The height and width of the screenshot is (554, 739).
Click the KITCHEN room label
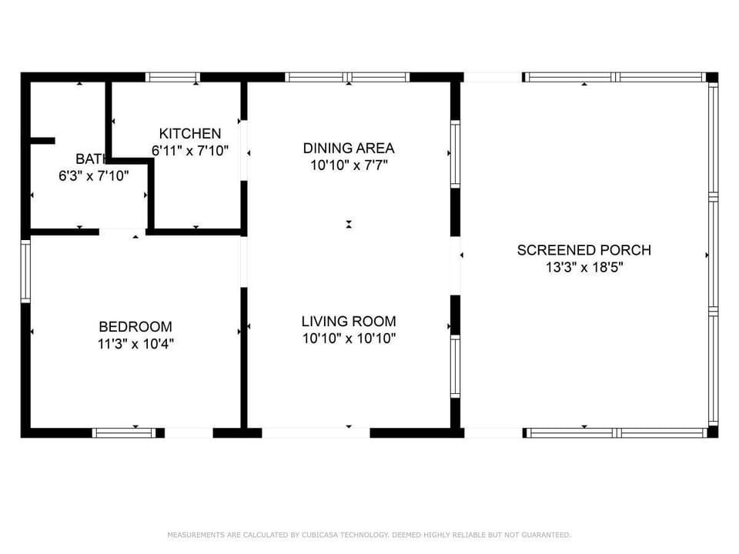coord(190,134)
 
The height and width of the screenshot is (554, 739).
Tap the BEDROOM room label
coord(135,326)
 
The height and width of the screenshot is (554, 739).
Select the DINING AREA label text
coord(349,148)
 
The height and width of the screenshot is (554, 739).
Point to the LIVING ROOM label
coord(349,321)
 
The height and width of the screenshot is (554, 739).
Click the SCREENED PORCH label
coord(584,250)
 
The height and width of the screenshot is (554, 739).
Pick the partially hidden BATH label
coord(89,159)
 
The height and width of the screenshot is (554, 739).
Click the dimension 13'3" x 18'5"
coord(584,268)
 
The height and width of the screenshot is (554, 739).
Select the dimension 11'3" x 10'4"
coord(135,344)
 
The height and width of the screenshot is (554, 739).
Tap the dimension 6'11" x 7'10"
coord(190,151)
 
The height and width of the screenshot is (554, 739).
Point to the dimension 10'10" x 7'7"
coord(349,165)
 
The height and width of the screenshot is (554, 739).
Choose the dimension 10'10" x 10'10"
coord(349,338)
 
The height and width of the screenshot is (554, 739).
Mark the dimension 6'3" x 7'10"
coord(94,175)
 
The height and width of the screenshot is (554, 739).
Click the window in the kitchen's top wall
coord(172,77)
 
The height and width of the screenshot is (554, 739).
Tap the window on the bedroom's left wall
coord(25,271)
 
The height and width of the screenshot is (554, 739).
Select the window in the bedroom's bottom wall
coord(124,432)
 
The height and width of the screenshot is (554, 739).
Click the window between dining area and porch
coord(455,154)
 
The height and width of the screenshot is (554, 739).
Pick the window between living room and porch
coord(455,366)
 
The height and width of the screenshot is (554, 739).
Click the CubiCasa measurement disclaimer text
coord(369,534)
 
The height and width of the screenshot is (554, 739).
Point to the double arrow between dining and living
coord(349,224)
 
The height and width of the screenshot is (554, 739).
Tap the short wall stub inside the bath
coord(42,141)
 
